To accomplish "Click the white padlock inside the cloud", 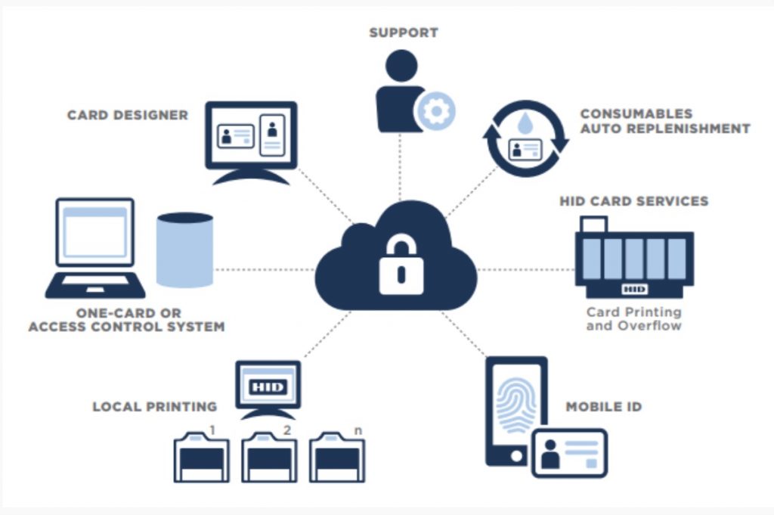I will [x=401, y=266].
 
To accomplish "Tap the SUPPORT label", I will [x=403, y=33].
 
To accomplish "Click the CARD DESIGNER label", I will [x=127, y=115].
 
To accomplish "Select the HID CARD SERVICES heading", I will [x=633, y=201].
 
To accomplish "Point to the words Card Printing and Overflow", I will [x=633, y=318].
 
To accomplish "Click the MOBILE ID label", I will [x=603, y=407].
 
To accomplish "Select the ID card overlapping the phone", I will [x=569, y=453].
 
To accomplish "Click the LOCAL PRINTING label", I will [x=154, y=407].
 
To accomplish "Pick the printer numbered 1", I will [x=201, y=456].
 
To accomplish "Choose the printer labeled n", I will [x=337, y=456].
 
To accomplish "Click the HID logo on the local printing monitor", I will [x=268, y=386].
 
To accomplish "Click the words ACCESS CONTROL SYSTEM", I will [x=126, y=327].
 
